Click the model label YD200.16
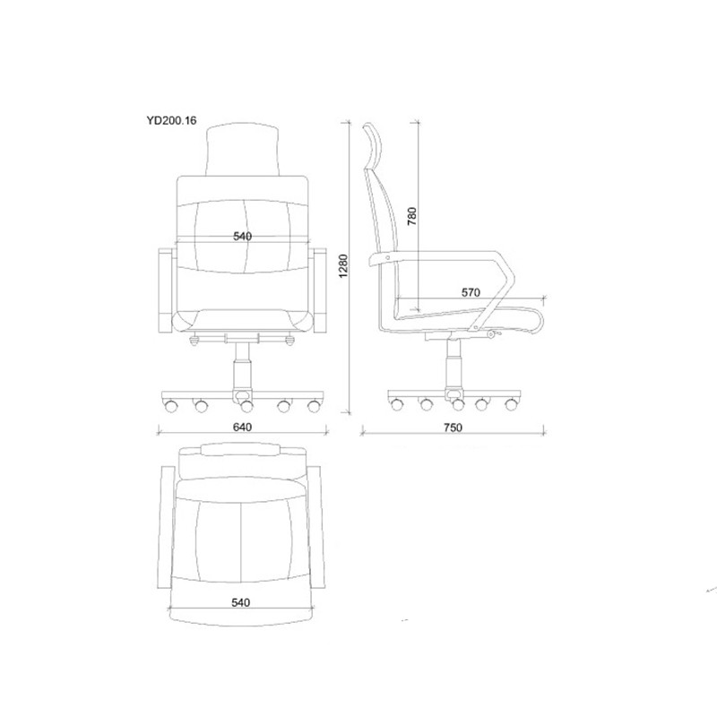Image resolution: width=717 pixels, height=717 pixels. (x=171, y=120)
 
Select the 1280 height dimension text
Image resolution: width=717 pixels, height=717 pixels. (x=344, y=265)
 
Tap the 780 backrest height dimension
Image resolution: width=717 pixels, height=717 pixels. (x=412, y=216)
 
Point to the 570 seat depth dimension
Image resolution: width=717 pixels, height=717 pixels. (x=471, y=292)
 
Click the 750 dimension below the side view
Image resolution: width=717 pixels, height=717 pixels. (x=453, y=428)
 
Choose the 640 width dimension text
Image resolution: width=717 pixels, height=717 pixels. (x=242, y=428)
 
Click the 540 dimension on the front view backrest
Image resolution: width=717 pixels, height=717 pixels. (x=242, y=236)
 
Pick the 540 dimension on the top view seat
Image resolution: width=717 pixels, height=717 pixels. (x=240, y=602)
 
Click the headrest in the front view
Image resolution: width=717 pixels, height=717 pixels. (x=242, y=150)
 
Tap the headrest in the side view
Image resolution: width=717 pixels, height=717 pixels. (x=373, y=145)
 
